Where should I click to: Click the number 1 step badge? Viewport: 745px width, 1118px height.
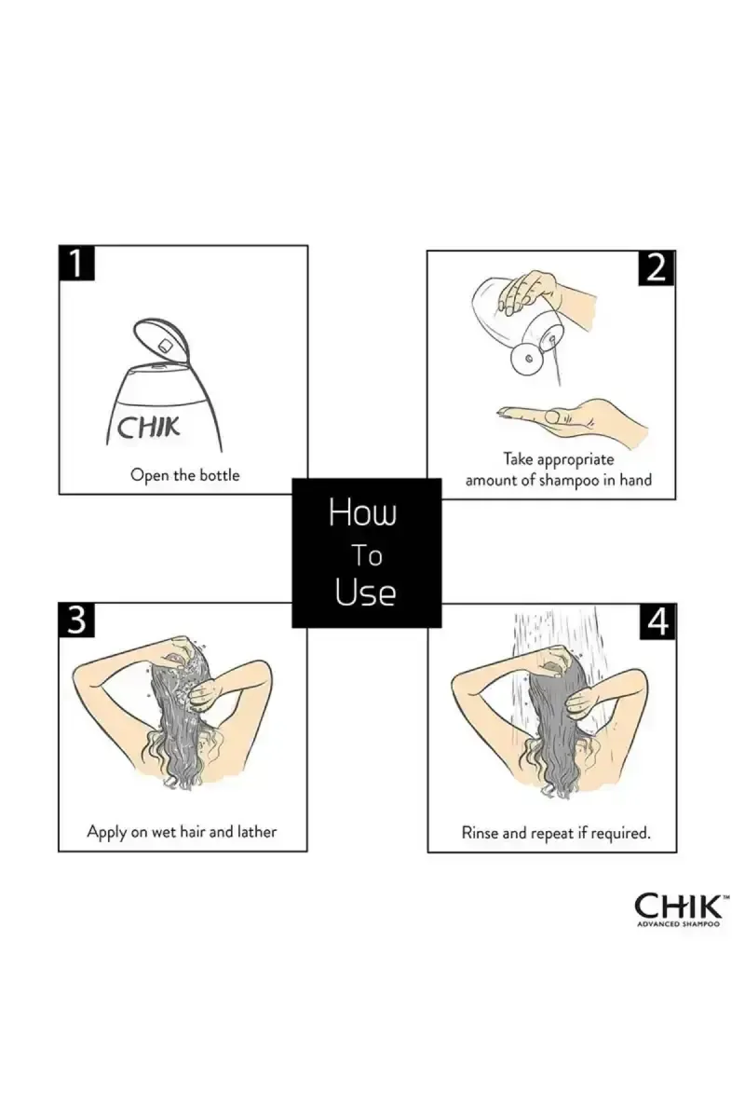[76, 263]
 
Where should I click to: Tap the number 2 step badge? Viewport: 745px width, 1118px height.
[657, 268]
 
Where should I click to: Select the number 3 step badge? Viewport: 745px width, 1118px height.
[76, 620]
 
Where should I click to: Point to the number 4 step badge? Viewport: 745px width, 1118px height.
[657, 621]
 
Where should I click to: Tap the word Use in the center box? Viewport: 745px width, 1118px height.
[365, 593]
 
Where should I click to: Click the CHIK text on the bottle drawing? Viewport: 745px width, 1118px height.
[148, 428]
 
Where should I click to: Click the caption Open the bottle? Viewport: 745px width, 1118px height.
[185, 474]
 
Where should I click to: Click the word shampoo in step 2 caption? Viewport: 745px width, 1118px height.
[569, 481]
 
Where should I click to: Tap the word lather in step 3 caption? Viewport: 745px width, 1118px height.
[257, 831]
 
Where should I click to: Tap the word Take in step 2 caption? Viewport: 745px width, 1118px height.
[519, 458]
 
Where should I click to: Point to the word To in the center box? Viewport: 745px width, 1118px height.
[367, 555]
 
